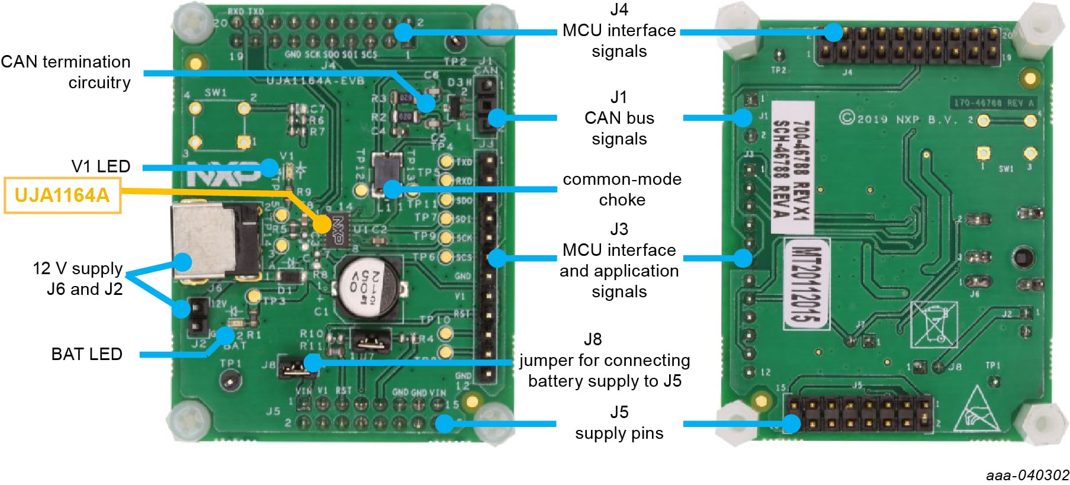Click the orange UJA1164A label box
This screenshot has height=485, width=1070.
tap(62, 195)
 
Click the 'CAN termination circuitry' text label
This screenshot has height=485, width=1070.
tap(66, 72)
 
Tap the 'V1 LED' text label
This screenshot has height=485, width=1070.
tap(101, 166)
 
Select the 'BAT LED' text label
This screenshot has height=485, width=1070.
tap(87, 354)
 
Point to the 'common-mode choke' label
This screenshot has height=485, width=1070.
tap(622, 189)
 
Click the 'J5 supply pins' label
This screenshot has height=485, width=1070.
tap(619, 423)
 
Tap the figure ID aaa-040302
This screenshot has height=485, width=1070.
tap(1027, 476)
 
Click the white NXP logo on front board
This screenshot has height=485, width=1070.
tap(222, 174)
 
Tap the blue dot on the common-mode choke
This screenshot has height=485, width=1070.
tap(391, 189)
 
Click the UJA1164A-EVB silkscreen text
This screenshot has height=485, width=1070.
tap(315, 81)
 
